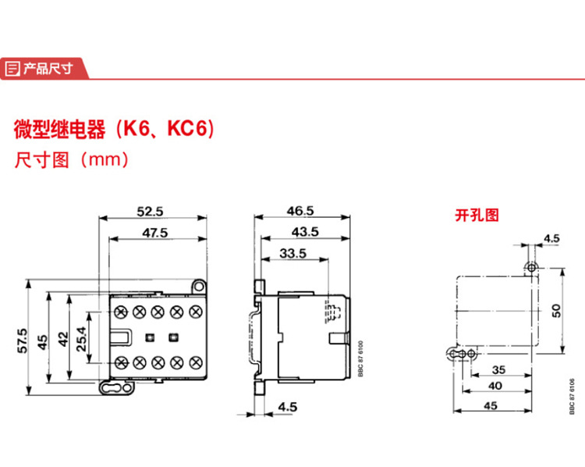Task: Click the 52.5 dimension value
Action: (149, 211)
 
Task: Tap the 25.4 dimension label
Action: (80, 339)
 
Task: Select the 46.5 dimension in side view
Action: (300, 211)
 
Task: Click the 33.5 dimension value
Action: (292, 253)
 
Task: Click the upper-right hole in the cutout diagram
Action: (532, 268)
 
